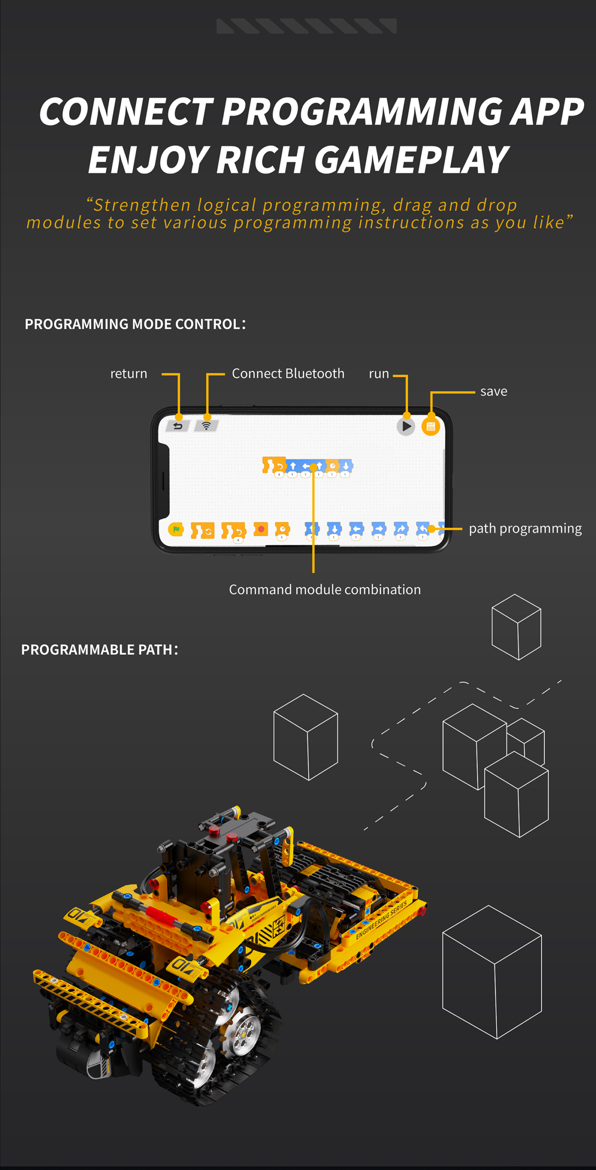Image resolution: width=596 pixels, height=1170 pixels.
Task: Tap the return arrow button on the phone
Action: click(x=178, y=426)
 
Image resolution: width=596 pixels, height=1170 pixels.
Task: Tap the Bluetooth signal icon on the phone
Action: click(x=207, y=426)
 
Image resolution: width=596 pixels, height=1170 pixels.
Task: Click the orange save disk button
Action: click(x=430, y=426)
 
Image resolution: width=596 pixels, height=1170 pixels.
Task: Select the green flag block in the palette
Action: click(x=176, y=529)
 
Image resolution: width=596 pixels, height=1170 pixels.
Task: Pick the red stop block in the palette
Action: click(x=261, y=529)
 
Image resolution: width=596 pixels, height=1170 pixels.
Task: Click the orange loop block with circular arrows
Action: click(x=203, y=530)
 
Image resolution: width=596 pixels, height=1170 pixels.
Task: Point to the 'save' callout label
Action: click(x=494, y=392)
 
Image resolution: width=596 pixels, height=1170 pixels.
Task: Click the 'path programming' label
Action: click(x=525, y=529)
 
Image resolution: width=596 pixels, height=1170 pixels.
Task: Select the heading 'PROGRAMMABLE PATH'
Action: click(x=97, y=649)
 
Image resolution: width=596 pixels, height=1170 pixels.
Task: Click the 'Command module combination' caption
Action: click(x=325, y=590)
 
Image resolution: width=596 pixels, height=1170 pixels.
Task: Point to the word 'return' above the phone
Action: click(x=129, y=374)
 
